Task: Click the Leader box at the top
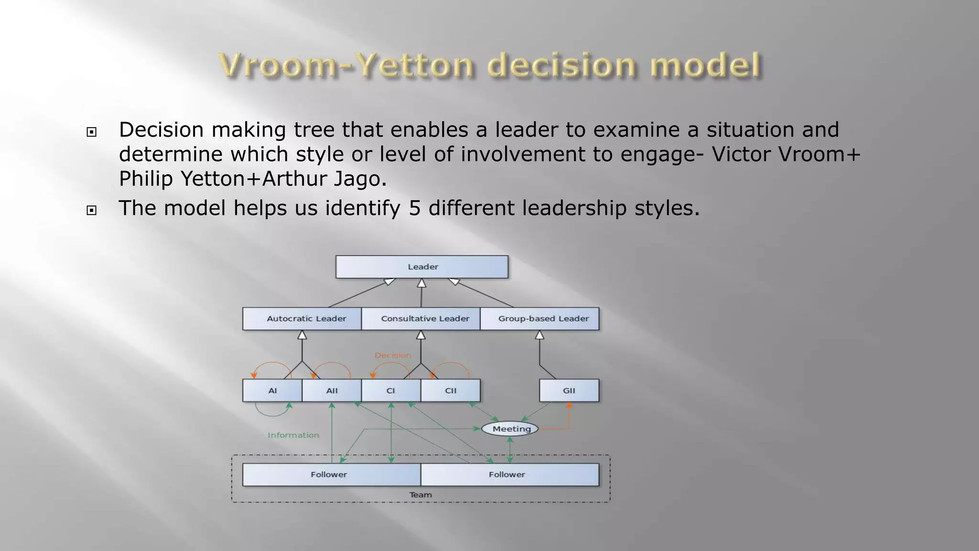422,267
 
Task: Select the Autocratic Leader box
302,319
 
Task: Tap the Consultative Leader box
421,319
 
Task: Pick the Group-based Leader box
540,319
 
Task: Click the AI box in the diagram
272,391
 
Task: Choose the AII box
332,391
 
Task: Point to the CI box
391,391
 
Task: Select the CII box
450,391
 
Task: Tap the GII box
569,391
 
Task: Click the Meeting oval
510,429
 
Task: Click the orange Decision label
393,355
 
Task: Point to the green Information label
293,435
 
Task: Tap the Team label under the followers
421,495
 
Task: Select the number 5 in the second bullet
415,208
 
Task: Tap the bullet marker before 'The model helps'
92,210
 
